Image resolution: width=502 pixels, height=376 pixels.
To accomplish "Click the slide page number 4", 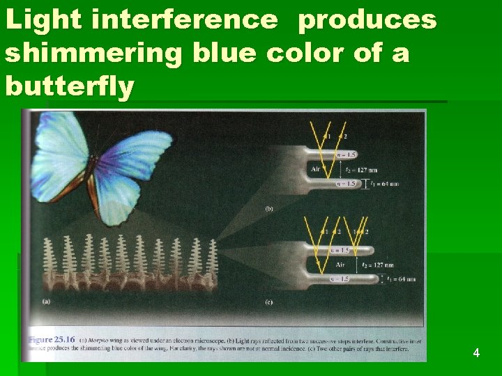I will (x=476, y=353).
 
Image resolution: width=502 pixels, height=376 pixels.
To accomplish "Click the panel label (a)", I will (x=46, y=301).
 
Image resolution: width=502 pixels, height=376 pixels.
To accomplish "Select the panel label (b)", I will (x=268, y=207).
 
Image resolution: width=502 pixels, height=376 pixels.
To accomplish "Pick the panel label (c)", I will (x=268, y=302).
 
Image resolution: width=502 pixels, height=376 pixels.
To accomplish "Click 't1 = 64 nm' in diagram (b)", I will (x=384, y=184).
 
